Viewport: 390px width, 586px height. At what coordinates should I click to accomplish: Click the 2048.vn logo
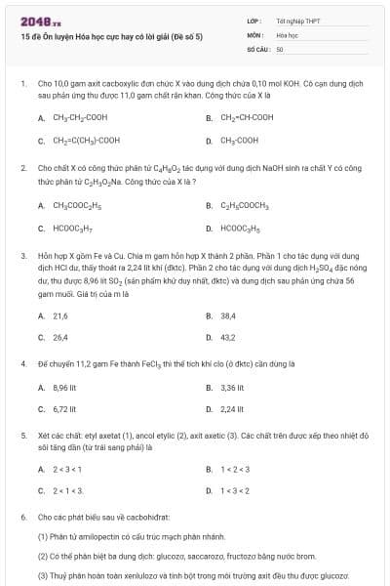[x=35, y=21]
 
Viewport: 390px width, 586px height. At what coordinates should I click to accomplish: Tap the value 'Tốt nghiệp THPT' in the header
[x=297, y=21]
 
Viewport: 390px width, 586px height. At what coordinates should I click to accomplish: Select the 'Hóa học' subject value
[x=286, y=34]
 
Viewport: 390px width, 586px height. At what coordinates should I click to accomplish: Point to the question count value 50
[x=280, y=48]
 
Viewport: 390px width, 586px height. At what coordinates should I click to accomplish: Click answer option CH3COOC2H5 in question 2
[x=77, y=206]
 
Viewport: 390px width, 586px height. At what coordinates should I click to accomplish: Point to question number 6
[x=22, y=516]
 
